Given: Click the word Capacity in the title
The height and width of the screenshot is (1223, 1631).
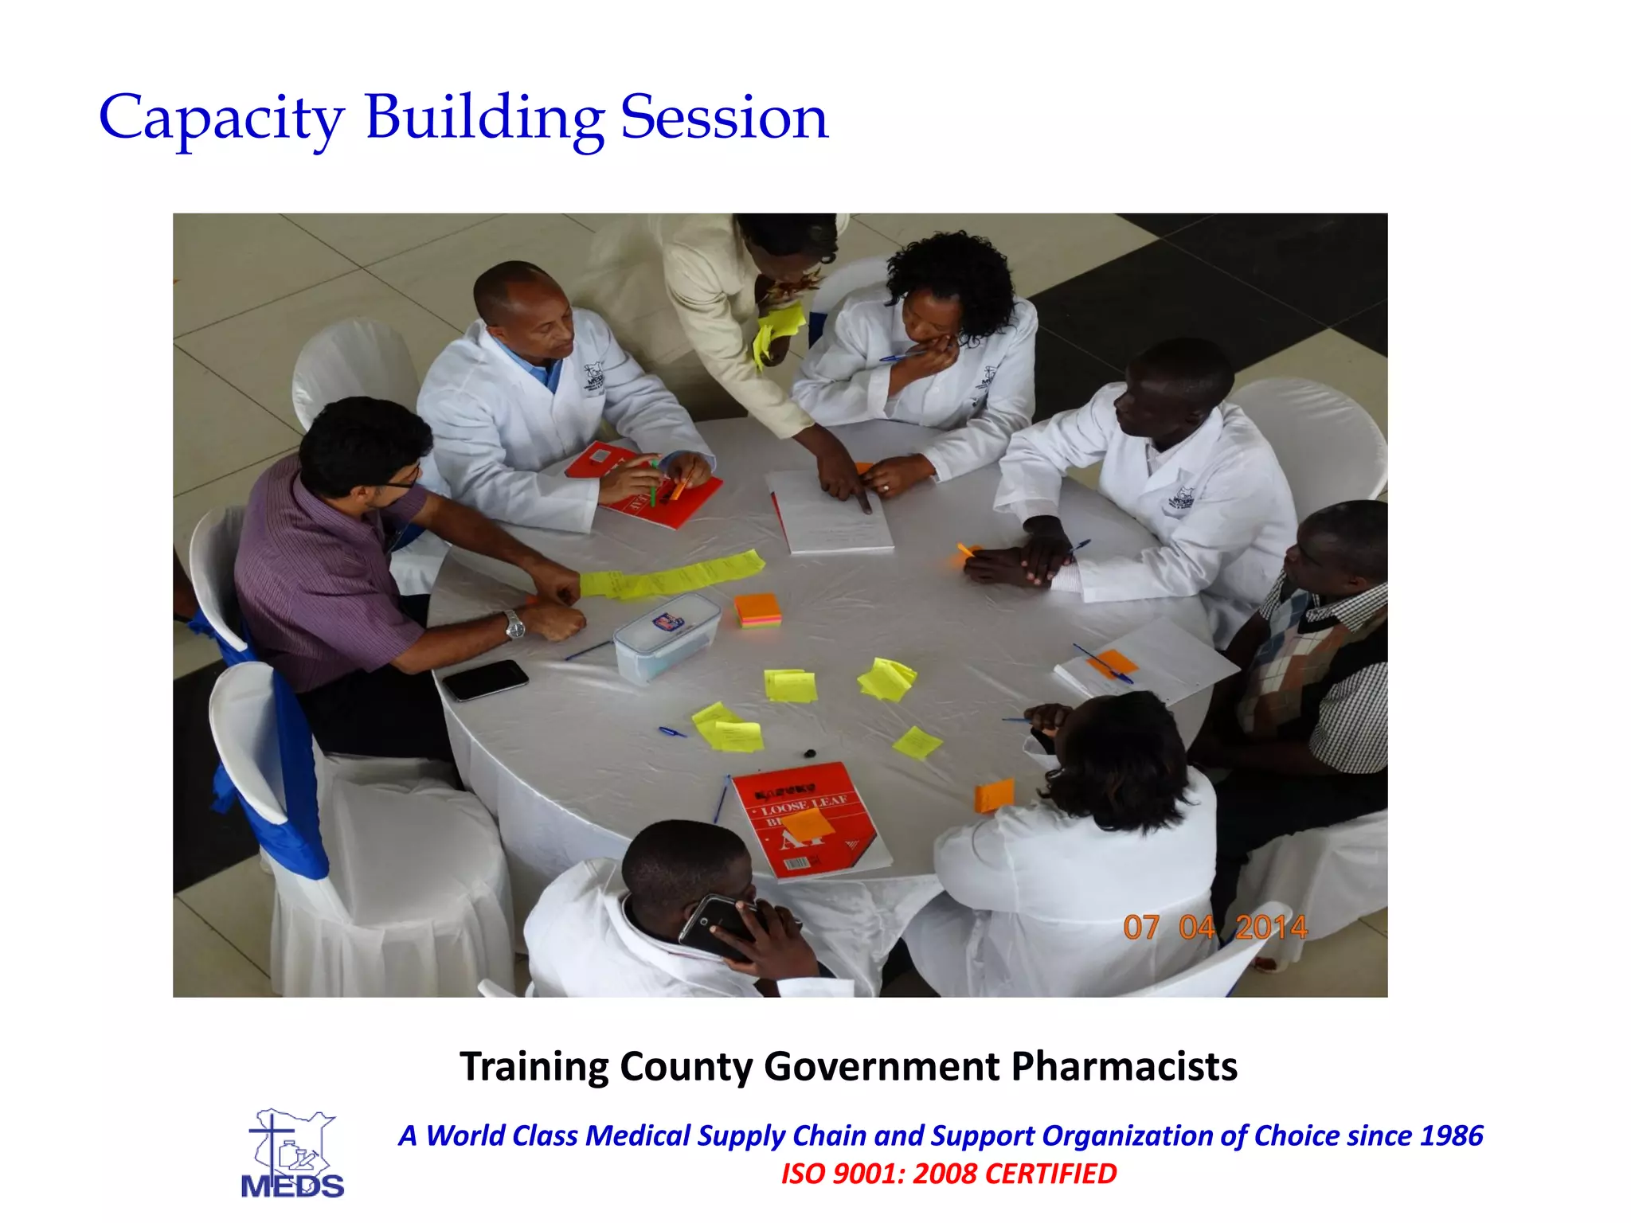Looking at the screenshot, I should [221, 118].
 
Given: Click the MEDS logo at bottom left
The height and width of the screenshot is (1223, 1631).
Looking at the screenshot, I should [292, 1154].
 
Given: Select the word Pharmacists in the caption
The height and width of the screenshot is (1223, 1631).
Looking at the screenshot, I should [1124, 1066].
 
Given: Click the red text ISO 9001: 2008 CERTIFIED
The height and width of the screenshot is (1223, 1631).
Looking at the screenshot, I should [948, 1174].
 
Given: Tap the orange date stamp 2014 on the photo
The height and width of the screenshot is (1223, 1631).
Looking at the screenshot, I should [1271, 928].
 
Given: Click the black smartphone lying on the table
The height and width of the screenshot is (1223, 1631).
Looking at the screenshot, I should [485, 679].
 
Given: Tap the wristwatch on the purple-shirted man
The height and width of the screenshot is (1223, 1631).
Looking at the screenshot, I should [514, 624].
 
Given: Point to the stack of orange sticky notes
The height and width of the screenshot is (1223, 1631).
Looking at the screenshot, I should [757, 610].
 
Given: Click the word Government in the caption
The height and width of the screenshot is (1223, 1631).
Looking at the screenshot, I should [881, 1066].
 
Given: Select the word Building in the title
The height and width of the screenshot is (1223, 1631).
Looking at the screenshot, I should [484, 118].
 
